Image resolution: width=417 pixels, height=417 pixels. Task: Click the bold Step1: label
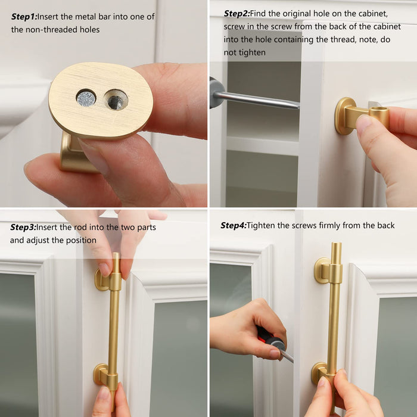click(24, 17)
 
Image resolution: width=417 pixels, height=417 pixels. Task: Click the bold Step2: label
click(236, 14)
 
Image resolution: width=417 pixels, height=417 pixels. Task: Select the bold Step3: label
click(23, 227)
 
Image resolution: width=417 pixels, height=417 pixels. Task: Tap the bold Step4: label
click(234, 226)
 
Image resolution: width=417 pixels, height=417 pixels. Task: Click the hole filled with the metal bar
click(86, 98)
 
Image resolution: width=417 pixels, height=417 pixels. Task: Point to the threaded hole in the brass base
click(116, 100)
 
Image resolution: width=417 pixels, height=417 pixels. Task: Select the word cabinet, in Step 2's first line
click(375, 14)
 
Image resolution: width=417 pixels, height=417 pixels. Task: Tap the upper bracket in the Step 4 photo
click(328, 271)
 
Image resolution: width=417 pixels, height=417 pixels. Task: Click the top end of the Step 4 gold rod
click(337, 243)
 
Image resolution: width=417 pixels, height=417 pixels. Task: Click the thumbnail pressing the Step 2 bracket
click(363, 122)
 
